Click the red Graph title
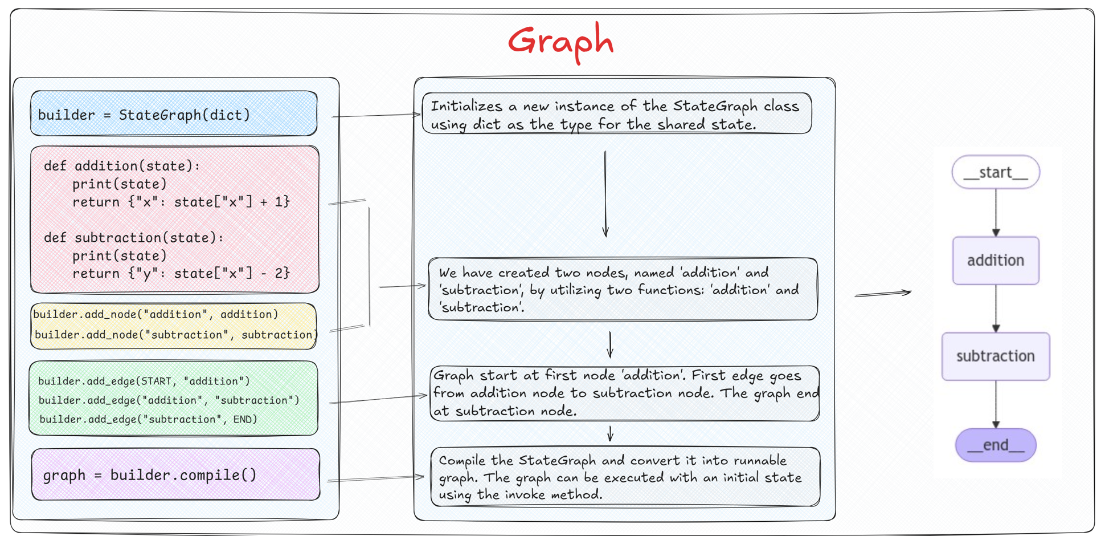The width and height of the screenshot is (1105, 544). point(560,42)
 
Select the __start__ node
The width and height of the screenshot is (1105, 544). point(995,172)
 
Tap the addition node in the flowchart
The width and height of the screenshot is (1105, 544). point(995,261)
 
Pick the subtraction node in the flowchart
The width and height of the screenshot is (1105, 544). point(995,356)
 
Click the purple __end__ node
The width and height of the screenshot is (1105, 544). point(995,445)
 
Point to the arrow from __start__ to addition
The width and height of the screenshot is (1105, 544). point(996,212)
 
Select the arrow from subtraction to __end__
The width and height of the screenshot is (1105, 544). point(996,404)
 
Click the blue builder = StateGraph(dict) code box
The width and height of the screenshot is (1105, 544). point(174,114)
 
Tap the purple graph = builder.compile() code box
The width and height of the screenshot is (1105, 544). point(175,474)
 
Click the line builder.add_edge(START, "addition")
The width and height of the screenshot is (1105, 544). point(144,381)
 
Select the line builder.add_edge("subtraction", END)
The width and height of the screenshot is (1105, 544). point(148,419)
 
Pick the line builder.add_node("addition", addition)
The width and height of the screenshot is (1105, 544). point(155,314)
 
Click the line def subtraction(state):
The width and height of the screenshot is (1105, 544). point(134,237)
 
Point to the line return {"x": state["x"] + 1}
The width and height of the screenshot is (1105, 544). point(181,202)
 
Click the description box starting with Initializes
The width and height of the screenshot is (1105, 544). point(616,114)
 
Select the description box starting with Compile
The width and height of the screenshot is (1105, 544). point(625,477)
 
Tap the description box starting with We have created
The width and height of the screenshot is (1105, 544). point(623,290)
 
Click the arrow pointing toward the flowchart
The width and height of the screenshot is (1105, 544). point(882,294)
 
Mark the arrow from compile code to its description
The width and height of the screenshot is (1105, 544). point(375,478)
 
